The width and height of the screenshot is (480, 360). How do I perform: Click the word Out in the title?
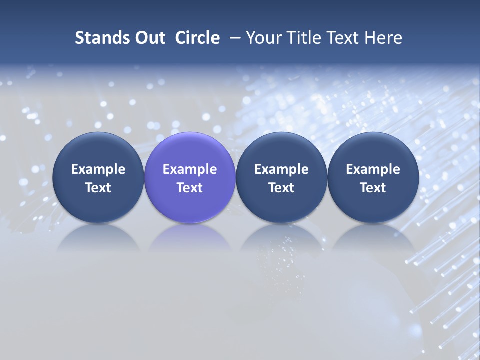[x=148, y=38]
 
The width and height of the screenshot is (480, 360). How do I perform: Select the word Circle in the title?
[x=197, y=38]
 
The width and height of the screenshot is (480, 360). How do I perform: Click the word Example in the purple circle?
[x=190, y=169]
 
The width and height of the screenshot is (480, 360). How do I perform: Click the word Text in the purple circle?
[x=190, y=188]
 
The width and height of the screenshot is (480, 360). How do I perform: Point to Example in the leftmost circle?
[x=98, y=169]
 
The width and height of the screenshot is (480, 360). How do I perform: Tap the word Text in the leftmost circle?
[x=98, y=188]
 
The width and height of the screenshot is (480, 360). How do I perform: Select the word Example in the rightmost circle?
[x=373, y=169]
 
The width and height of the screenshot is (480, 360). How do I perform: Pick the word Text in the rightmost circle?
[x=373, y=188]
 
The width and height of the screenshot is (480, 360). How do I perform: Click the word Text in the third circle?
[x=281, y=188]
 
